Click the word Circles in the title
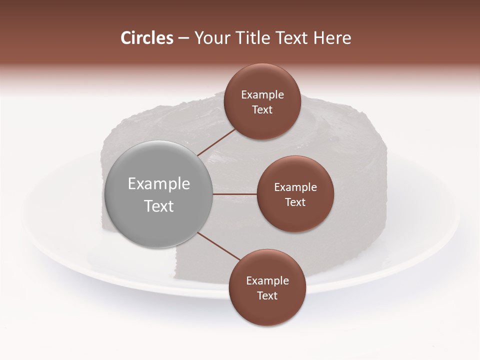[x=147, y=38]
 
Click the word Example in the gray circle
[x=159, y=184]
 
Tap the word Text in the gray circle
[x=159, y=206]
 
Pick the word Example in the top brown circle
[x=262, y=94]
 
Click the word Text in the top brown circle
[x=262, y=109]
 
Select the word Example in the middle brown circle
[x=295, y=187]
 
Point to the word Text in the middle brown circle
[x=295, y=202]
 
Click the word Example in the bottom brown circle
[x=267, y=280]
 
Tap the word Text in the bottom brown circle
[x=267, y=295]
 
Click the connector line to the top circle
[x=216, y=142]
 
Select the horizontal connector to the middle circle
[x=235, y=194]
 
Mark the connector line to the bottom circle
[x=219, y=246]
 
